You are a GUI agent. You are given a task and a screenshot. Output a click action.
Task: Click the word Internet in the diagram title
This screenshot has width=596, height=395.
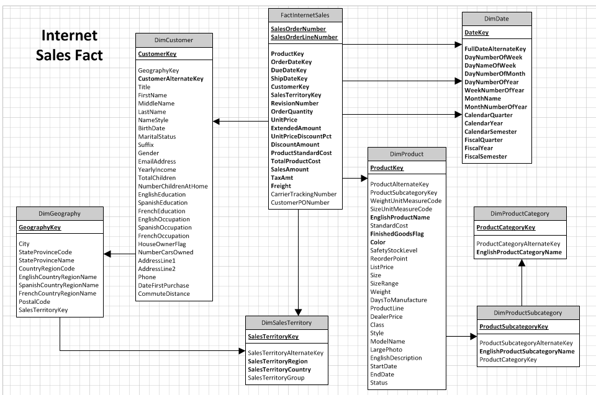[x=69, y=35]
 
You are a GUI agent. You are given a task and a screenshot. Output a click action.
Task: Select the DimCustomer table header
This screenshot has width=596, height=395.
[x=174, y=40]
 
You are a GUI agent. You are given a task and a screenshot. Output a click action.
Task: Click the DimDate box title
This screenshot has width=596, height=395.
[x=496, y=19]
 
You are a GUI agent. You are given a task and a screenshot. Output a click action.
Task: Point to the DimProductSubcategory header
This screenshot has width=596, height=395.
[x=528, y=313]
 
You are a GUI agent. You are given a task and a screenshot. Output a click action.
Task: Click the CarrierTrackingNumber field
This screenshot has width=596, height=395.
[x=304, y=194]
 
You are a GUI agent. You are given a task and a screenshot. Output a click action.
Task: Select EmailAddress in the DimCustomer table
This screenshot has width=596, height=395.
[x=157, y=161]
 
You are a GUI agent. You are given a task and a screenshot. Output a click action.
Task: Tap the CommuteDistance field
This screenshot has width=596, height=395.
[x=164, y=293]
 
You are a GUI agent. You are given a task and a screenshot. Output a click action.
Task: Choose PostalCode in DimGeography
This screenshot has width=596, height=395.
[x=34, y=301]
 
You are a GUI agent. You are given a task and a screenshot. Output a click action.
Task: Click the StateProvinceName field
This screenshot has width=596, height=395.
[x=46, y=260]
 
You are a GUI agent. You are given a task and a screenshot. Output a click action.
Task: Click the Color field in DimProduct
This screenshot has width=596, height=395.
[x=378, y=242]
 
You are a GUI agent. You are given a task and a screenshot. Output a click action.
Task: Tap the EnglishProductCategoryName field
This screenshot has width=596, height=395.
[x=518, y=252]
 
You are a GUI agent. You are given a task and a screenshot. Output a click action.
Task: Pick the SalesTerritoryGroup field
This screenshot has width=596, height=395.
[x=276, y=378]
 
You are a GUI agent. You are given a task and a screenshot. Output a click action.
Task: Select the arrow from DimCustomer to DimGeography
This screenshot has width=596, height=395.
[x=119, y=253]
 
